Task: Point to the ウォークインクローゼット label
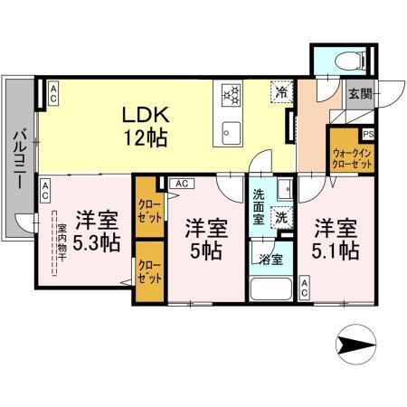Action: pyautogui.click(x=352, y=159)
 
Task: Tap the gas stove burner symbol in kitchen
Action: pyautogui.click(x=230, y=93)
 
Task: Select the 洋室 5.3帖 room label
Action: pyautogui.click(x=96, y=230)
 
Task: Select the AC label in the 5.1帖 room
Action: pyautogui.click(x=305, y=291)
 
